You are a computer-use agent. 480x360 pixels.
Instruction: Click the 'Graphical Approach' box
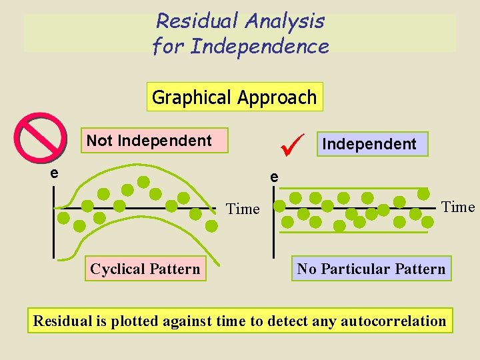point(235,97)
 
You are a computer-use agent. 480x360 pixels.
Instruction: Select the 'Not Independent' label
point(149,141)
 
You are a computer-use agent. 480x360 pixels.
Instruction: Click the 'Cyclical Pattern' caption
point(145,269)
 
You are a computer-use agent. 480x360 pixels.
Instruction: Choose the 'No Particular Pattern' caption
point(371,269)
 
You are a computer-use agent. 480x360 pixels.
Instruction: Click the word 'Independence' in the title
point(259,47)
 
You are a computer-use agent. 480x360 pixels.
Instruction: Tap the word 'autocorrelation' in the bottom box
point(393,321)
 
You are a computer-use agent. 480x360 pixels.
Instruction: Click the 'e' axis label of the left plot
point(54,173)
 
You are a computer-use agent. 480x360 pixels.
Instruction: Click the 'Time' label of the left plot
point(243,209)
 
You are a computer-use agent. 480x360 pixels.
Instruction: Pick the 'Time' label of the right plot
point(458,207)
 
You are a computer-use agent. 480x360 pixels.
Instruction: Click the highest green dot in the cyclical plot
point(143,181)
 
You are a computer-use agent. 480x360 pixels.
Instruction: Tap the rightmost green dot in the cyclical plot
point(211,226)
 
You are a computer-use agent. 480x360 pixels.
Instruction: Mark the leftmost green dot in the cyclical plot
point(64,217)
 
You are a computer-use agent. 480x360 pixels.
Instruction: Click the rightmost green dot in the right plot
point(423,194)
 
